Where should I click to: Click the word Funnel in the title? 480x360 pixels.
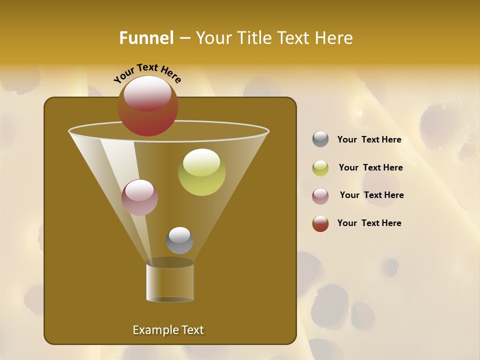point(146,38)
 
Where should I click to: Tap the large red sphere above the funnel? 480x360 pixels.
point(148,106)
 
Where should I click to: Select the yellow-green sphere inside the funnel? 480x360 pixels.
point(201,172)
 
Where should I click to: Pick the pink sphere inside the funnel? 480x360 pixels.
point(139,197)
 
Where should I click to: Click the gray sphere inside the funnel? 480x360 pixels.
point(179,240)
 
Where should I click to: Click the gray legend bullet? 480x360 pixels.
point(320,139)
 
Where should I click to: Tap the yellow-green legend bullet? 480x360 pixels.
point(320,168)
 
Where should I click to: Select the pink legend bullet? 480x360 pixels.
point(320,195)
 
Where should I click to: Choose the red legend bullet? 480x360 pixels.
point(320,223)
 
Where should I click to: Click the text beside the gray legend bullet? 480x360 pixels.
point(369,140)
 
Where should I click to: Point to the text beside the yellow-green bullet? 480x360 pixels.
point(370,168)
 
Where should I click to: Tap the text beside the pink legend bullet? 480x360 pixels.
point(371,195)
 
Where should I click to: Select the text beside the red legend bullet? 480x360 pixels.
point(369,223)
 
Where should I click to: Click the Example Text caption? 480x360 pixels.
point(168,330)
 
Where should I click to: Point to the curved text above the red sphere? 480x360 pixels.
point(147,73)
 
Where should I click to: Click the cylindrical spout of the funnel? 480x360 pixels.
point(170,282)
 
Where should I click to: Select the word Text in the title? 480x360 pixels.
point(292,38)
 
